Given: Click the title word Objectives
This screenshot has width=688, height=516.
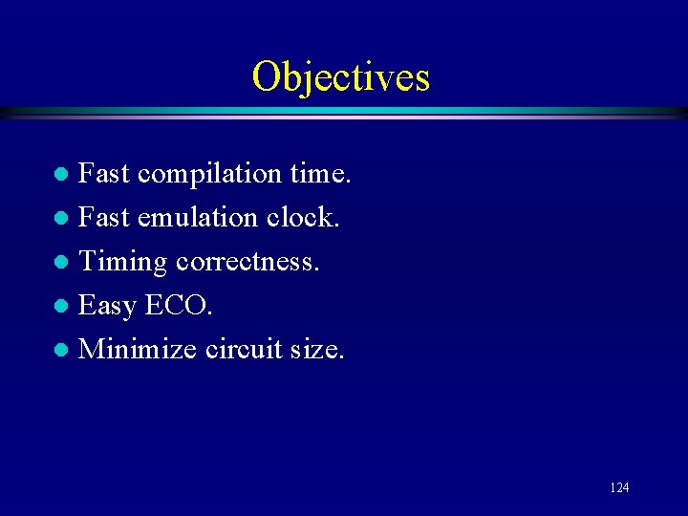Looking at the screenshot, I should tap(341, 77).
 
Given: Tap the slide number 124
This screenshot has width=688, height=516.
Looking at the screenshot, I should tap(619, 488).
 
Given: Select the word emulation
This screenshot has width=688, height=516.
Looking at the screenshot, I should tap(198, 218).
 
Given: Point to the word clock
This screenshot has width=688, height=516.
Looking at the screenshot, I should tap(303, 218).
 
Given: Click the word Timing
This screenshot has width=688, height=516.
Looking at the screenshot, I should tap(122, 262).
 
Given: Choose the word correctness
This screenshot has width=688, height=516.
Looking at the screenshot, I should tap(247, 262).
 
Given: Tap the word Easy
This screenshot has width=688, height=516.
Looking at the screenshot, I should tap(108, 306).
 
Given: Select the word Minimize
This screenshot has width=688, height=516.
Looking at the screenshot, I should tap(138, 349).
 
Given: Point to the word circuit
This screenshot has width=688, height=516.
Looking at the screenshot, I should tap(243, 349).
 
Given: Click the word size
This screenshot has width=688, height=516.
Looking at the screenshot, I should tap(316, 349).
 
